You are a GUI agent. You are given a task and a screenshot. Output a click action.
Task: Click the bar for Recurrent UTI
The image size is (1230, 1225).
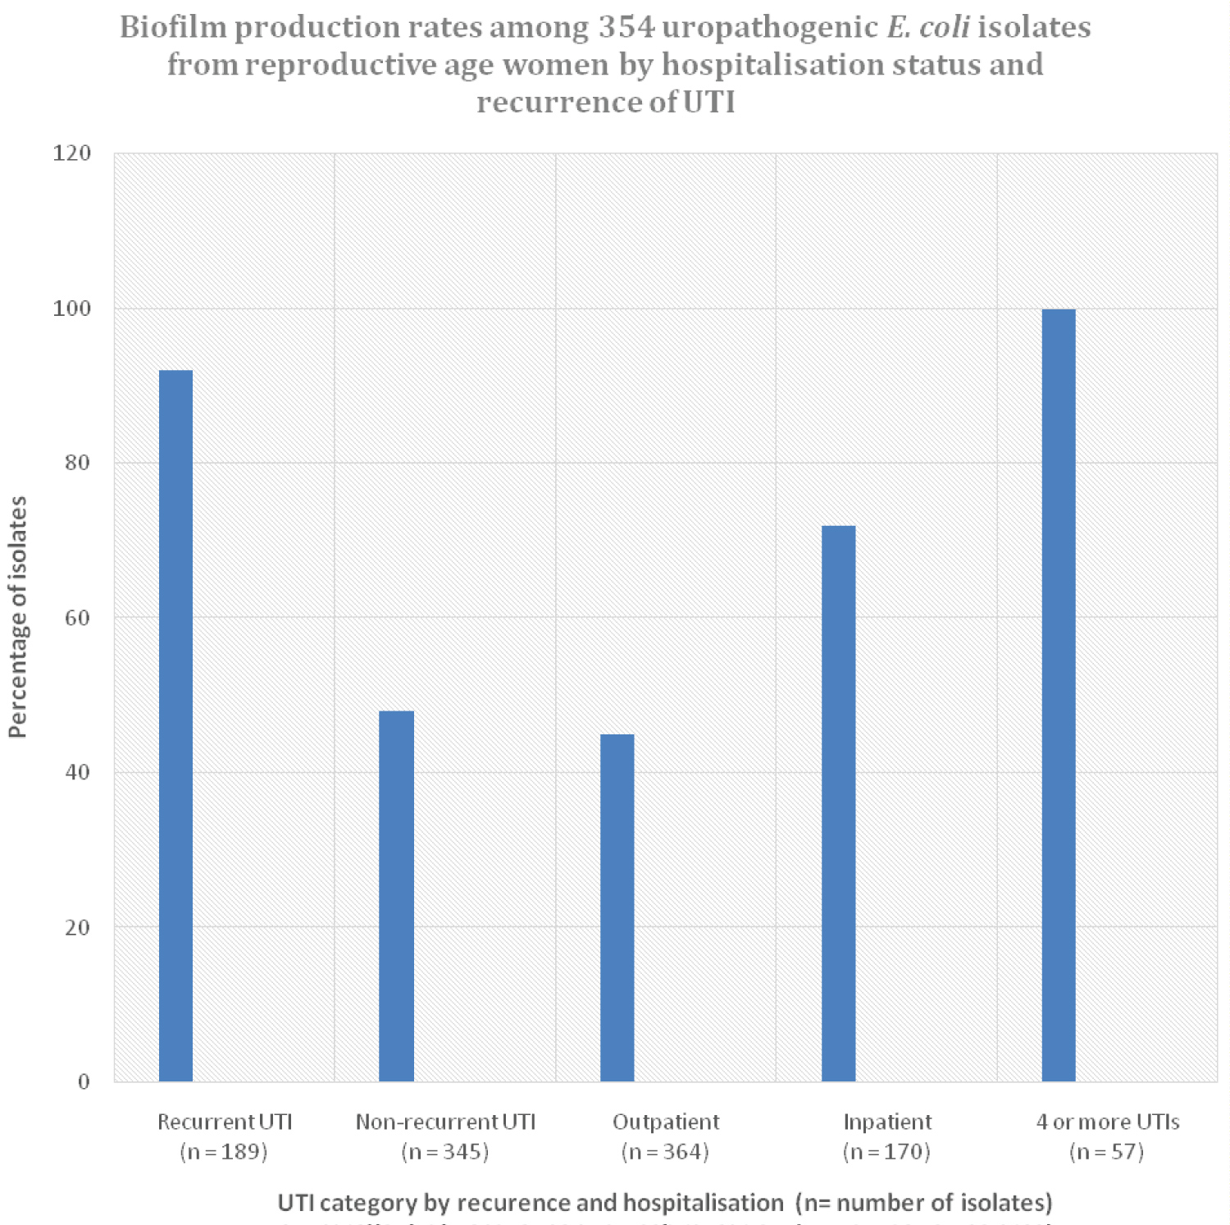[175, 725]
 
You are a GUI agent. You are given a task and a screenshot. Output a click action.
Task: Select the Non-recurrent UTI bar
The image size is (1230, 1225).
[396, 896]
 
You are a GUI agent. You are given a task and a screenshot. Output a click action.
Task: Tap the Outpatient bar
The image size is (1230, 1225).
[617, 907]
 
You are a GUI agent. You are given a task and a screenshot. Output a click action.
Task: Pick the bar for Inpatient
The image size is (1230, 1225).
[838, 803]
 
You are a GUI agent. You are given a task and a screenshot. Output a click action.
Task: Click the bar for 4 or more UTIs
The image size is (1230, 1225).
[1059, 695]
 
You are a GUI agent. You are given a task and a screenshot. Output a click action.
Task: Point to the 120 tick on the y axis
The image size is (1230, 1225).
[72, 153]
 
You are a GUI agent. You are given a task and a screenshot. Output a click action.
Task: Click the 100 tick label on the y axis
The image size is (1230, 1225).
[72, 309]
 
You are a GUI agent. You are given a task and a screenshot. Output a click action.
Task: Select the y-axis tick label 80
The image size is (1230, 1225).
[77, 463]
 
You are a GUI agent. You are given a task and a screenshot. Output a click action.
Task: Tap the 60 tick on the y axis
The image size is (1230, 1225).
[77, 617]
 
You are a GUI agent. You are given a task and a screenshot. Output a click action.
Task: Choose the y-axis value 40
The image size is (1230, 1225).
[77, 772]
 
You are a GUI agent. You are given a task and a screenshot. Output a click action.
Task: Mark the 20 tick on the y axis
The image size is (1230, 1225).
[77, 927]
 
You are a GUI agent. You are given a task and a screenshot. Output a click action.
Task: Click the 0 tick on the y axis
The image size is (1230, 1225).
[84, 1081]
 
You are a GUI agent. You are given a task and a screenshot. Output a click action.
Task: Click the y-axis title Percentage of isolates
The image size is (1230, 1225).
[18, 617]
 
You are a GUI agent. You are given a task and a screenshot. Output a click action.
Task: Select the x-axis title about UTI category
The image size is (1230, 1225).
[664, 1203]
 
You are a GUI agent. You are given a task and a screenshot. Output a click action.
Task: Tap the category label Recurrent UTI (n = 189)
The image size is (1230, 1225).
[224, 1136]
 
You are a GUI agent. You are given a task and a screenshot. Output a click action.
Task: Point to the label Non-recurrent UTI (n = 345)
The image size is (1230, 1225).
[445, 1136]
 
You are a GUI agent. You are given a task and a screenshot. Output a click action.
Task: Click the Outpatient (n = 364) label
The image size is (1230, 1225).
[665, 1136]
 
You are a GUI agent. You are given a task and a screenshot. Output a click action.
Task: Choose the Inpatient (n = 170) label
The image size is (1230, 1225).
[887, 1136]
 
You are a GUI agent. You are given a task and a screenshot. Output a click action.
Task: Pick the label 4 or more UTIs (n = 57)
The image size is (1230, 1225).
[1107, 1136]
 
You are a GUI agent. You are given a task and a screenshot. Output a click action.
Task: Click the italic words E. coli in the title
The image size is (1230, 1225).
[928, 27]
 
